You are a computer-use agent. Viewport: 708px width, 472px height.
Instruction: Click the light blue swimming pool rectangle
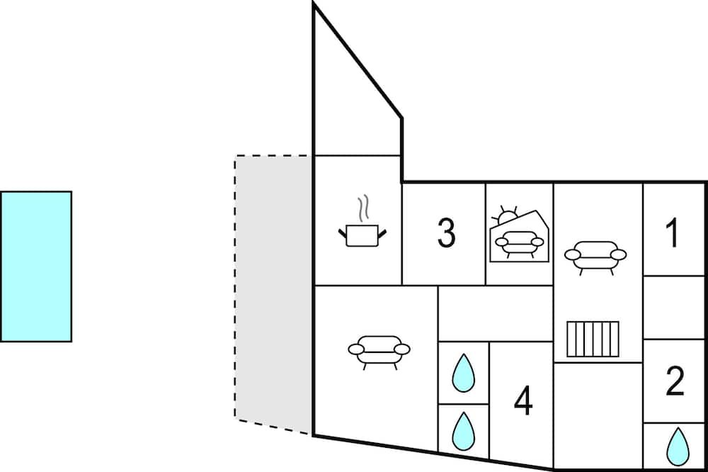click(35, 266)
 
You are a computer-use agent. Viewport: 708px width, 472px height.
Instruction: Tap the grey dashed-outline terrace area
click(273, 294)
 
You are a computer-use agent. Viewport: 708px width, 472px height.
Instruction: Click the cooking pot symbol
click(362, 236)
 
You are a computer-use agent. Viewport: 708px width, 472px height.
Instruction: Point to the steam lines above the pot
click(363, 208)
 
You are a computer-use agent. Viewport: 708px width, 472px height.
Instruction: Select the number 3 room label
click(446, 233)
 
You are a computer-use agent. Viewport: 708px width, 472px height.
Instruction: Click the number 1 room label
click(673, 233)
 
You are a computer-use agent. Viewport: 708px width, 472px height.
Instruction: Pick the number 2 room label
click(675, 381)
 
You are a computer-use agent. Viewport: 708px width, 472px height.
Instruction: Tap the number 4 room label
click(523, 400)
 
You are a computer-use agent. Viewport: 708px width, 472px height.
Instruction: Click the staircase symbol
click(593, 339)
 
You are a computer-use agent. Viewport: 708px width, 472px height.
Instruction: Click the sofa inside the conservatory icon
click(519, 244)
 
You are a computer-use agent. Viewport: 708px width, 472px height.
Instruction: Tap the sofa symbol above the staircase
click(595, 257)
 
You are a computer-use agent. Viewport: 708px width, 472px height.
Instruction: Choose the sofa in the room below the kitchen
click(379, 352)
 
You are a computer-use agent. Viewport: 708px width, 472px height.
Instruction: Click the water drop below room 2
click(678, 446)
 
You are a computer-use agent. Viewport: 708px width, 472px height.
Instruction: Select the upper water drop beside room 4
click(463, 373)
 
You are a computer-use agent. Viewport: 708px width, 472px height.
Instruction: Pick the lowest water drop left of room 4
click(463, 431)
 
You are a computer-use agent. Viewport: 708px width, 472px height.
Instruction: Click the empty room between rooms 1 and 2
click(674, 307)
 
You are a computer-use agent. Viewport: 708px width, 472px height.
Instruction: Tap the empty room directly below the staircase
click(598, 416)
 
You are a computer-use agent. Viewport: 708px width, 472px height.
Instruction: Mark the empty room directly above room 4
click(496, 313)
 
